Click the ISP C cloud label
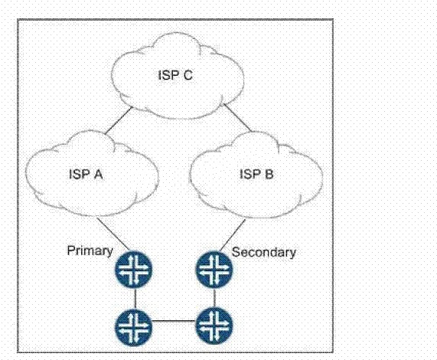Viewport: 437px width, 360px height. (175, 75)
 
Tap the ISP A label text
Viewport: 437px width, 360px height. (86, 175)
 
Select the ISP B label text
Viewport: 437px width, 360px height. (256, 174)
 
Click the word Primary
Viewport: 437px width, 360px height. (90, 251)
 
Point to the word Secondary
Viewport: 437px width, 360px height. (263, 252)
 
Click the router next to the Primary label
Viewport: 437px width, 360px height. (134, 270)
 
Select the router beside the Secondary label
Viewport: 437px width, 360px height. (214, 270)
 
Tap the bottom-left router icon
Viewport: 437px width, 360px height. (134, 326)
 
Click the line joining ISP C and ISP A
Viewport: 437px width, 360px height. (118, 121)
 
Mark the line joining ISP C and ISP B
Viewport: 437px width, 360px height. (237, 117)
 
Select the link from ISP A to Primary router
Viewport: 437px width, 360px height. (113, 234)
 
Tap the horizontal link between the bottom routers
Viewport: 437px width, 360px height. (174, 321)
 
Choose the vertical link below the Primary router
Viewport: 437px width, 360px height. (135, 298)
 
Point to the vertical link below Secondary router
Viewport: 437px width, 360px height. (214, 298)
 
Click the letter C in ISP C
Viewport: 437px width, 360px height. (188, 75)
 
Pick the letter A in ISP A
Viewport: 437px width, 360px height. (98, 175)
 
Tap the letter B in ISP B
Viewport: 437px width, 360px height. (269, 174)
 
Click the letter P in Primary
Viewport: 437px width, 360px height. (70, 250)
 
